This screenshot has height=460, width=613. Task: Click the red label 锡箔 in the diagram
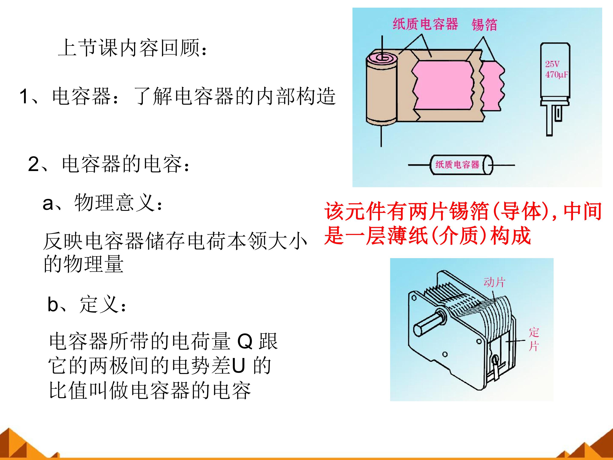pyautogui.click(x=484, y=24)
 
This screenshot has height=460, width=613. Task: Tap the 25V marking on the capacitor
pyautogui.click(x=552, y=64)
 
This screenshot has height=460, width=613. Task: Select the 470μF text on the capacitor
pyautogui.click(x=556, y=75)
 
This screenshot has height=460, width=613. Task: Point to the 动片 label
pyautogui.click(x=494, y=282)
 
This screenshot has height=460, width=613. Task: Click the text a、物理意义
pyautogui.click(x=103, y=203)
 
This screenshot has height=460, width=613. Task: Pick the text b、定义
pyautogui.click(x=87, y=304)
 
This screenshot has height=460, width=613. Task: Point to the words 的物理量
pyautogui.click(x=83, y=264)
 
